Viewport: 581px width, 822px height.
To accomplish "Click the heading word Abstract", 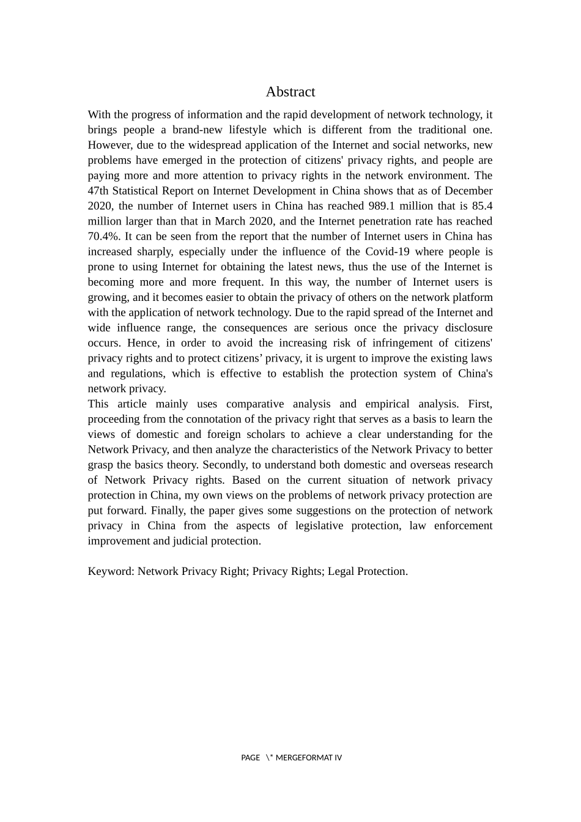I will [290, 92].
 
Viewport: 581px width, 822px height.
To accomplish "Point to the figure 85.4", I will [482, 206].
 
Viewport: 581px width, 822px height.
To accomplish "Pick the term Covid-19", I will [387, 252].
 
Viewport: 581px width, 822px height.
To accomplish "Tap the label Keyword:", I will [111, 571].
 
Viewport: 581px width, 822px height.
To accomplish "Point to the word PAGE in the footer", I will [250, 758].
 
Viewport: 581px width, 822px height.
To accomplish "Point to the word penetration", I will [380, 221].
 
